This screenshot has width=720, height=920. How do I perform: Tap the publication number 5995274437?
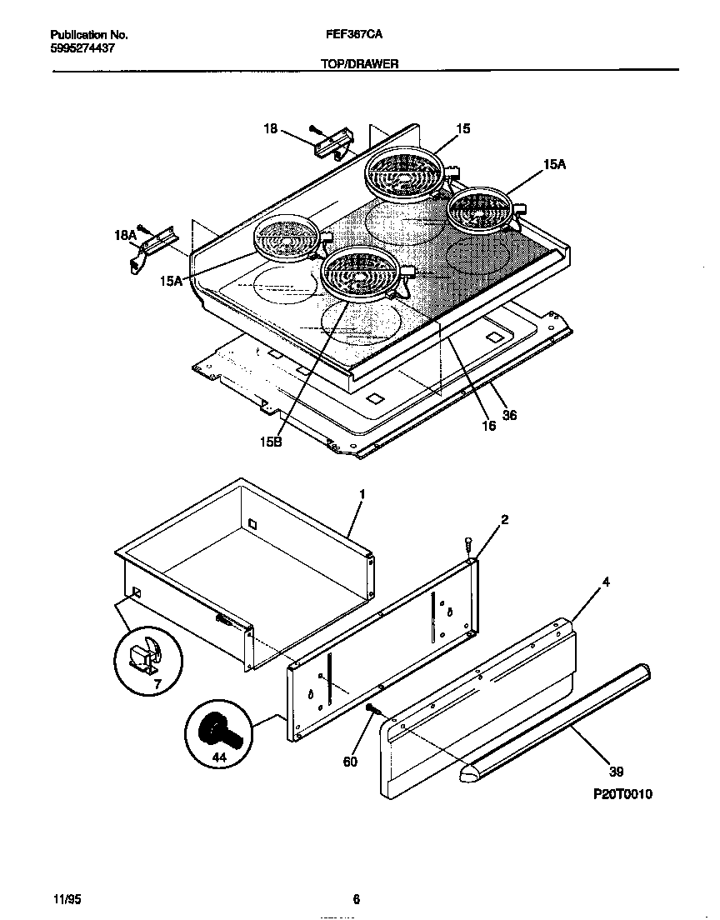coord(82,48)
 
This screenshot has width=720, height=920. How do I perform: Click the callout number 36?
coord(510,415)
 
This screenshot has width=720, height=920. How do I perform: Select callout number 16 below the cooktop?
coord(488,426)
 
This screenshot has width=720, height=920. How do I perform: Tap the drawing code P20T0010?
coord(622,794)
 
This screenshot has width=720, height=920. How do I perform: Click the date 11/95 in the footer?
coord(67,899)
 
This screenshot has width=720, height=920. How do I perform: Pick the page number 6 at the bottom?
coord(356,899)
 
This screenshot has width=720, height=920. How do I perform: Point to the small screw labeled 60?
coord(371,708)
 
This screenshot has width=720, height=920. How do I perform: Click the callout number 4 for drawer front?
coord(606,582)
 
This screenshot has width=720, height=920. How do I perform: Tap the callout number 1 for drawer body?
coord(362,494)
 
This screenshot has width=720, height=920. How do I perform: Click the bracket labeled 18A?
coord(153,248)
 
